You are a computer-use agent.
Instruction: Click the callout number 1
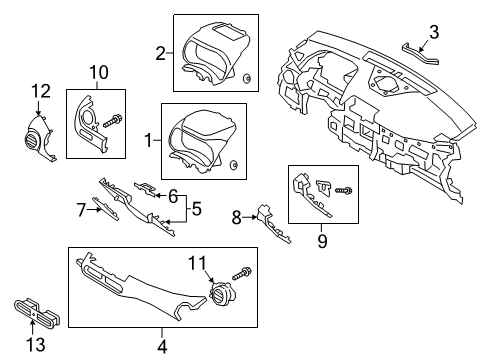click(150, 142)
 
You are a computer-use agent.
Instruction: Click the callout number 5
click(197, 209)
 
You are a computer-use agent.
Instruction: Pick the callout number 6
click(172, 196)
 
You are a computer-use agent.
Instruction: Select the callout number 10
click(98, 71)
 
